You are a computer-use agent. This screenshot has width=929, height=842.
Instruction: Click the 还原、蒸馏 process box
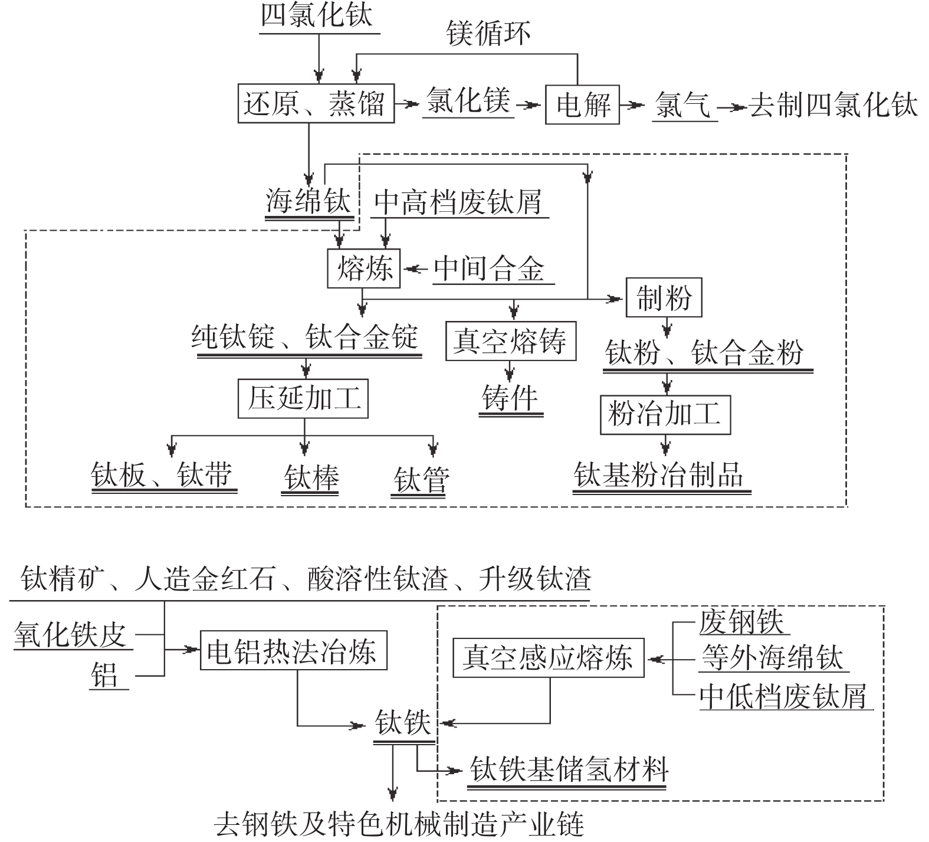click(316, 104)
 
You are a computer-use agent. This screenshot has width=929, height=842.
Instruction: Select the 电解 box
click(582, 105)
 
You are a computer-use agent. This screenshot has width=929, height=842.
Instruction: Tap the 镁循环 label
click(488, 33)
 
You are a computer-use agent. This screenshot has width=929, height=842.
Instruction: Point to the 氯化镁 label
click(468, 100)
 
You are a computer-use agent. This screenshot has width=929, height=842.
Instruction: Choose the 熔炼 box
click(364, 269)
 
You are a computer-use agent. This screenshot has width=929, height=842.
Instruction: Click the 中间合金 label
click(490, 269)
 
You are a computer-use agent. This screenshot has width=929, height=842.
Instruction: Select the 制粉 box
click(664, 298)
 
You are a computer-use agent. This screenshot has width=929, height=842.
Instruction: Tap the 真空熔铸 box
click(510, 341)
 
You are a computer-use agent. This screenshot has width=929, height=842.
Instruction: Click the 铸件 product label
click(510, 398)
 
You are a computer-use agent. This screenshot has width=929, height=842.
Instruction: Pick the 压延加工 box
click(303, 399)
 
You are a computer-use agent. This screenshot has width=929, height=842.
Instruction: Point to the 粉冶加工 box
click(665, 414)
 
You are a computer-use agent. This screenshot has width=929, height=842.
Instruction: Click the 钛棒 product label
click(311, 477)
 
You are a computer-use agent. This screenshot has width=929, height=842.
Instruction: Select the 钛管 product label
click(421, 478)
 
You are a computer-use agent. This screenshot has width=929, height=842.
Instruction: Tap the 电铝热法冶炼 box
click(293, 651)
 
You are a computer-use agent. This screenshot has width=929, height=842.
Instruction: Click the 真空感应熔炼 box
click(549, 657)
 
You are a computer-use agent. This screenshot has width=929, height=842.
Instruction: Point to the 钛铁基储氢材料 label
click(569, 769)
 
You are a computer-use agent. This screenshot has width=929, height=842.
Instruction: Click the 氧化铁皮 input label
click(71, 635)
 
